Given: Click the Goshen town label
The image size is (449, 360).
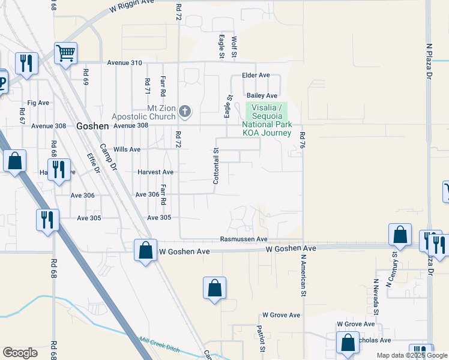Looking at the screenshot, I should pyautogui.click(x=92, y=127).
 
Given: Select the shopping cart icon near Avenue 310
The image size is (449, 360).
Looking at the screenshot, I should pyautogui.click(x=65, y=53).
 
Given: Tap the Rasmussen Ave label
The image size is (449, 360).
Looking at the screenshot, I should pyautogui.click(x=243, y=239).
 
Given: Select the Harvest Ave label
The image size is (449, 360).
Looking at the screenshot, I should pyautogui.click(x=155, y=172).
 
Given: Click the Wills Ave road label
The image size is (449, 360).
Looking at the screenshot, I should pyautogui.click(x=127, y=149).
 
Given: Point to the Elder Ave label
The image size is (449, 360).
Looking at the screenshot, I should pyautogui.click(x=256, y=76).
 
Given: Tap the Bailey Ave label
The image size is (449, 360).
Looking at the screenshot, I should pyautogui.click(x=262, y=96).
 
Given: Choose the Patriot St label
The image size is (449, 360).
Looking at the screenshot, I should pyautogui.click(x=261, y=338).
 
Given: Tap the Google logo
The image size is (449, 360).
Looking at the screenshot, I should pyautogui.click(x=20, y=353).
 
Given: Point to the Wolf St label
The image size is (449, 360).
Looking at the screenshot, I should pyautogui.click(x=234, y=47).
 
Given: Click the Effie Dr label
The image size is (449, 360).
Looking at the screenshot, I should pyautogui.click(x=93, y=162).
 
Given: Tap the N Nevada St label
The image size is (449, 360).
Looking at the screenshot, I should pyautogui.click(x=376, y=296).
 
